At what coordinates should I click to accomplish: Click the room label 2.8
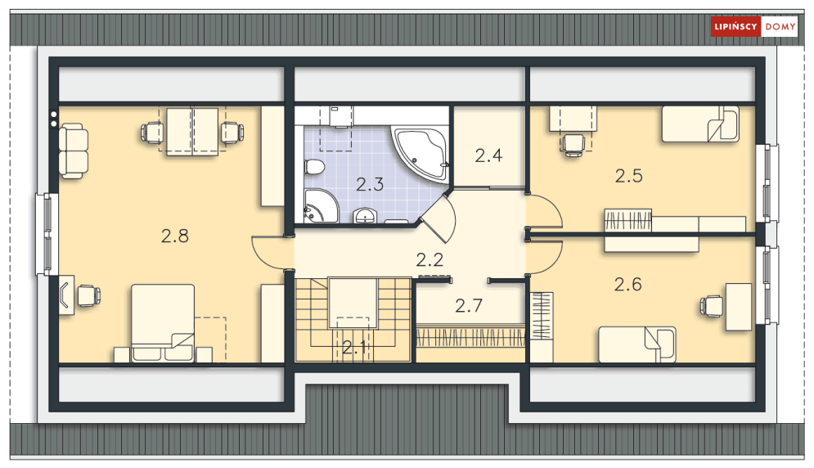point(175,236)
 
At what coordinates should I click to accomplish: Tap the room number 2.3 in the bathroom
point(370,184)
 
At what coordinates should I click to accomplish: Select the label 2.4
point(488,155)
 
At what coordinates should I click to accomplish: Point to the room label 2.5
point(628,176)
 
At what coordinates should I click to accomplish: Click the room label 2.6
point(628,285)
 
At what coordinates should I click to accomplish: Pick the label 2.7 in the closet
point(469,306)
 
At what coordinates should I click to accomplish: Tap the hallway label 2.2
point(429,259)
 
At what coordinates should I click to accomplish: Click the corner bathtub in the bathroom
point(420,154)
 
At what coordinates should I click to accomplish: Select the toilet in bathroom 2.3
point(315,167)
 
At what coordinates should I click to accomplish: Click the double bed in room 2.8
point(163,322)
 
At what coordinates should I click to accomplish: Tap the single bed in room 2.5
point(700,124)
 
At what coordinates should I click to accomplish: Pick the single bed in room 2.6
point(637,344)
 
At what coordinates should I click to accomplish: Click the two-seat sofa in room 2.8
point(73,151)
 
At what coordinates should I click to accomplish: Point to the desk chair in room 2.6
point(711,306)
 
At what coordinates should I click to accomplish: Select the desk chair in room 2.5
point(573,145)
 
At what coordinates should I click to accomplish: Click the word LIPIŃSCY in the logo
point(735,26)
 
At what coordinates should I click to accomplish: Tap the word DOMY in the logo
point(780,27)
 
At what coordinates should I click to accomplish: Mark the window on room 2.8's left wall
point(46,234)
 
